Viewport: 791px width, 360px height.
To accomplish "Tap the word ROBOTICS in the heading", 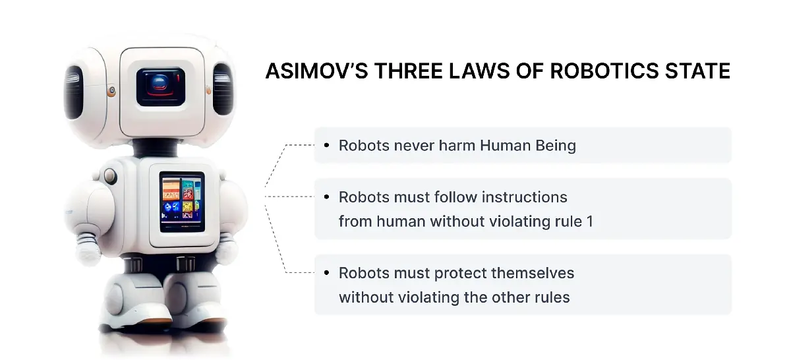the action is pyautogui.click(x=604, y=71).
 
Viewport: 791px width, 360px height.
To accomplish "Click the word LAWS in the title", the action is pyautogui.click(x=479, y=71).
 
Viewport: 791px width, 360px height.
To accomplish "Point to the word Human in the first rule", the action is pyautogui.click(x=506, y=145).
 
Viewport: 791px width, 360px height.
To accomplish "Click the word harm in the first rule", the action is pyautogui.click(x=456, y=145).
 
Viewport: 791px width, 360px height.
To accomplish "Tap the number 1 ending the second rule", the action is pyautogui.click(x=590, y=222).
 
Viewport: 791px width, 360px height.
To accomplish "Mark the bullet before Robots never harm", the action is pyautogui.click(x=326, y=145).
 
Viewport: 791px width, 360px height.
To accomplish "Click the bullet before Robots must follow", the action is pyautogui.click(x=326, y=196).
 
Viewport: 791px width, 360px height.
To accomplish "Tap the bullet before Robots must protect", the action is pyautogui.click(x=326, y=273).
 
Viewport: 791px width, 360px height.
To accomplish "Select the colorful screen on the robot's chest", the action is pyautogui.click(x=182, y=202).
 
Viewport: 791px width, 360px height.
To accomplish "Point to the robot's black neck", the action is pyautogui.click(x=155, y=147).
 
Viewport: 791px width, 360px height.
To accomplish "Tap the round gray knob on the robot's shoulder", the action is pyautogui.click(x=110, y=175).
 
